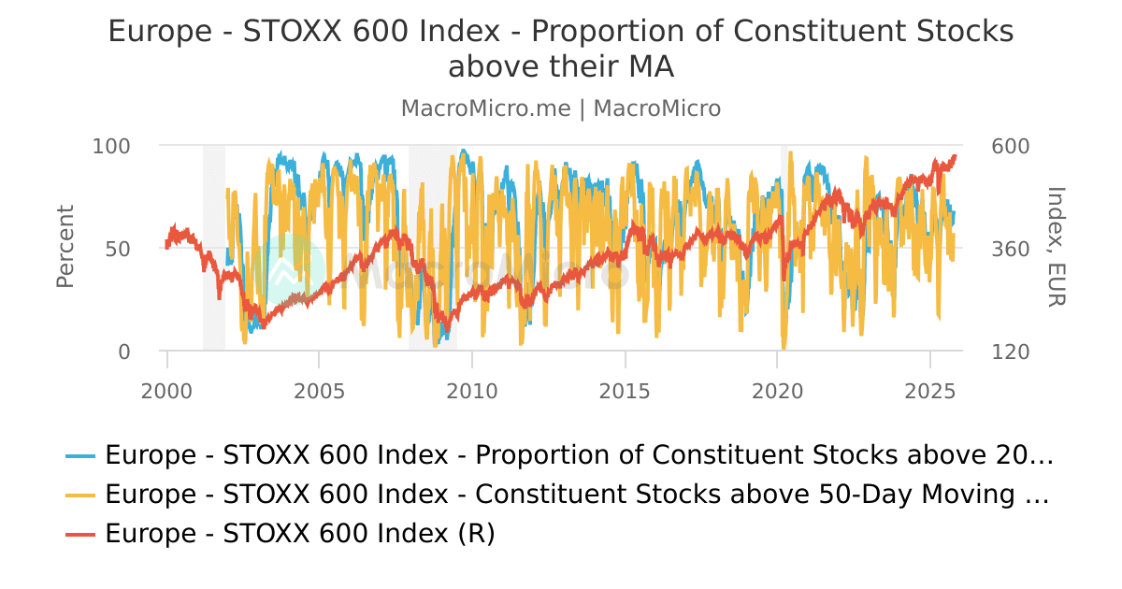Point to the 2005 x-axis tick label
319,387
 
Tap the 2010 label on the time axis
472,387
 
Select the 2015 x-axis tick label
625,387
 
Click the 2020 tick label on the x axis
778,387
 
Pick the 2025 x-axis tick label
930,387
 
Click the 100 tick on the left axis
111,146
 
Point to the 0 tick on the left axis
124,352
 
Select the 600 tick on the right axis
1010,146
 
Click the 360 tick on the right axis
1010,249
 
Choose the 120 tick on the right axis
1010,352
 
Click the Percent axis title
65,247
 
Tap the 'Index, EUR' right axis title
1056,247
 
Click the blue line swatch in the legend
81,456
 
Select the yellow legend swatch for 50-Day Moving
81,495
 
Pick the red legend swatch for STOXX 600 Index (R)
81,534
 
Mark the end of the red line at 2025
955,156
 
